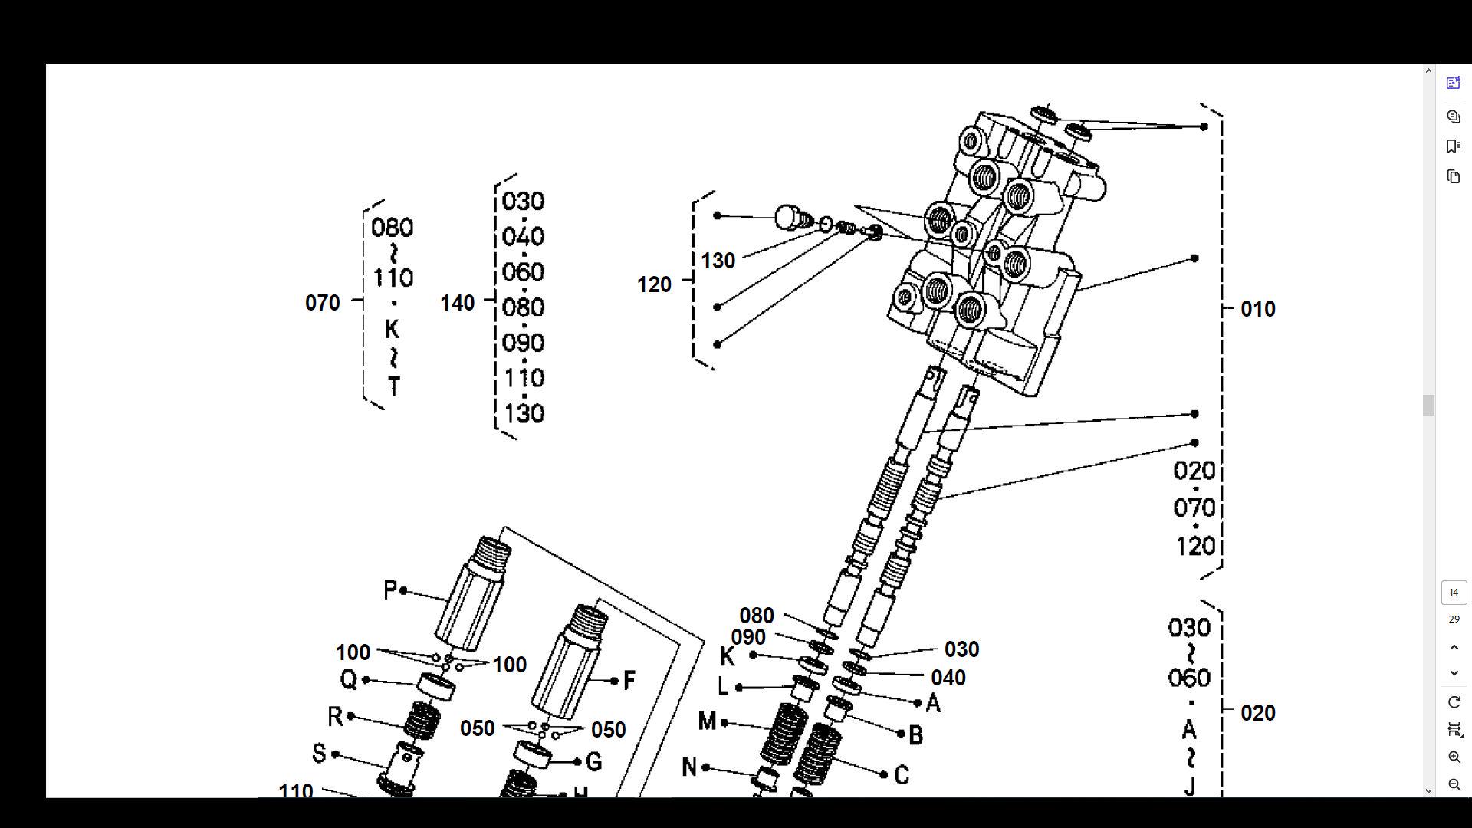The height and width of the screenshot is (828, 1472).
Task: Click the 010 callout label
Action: tap(1257, 309)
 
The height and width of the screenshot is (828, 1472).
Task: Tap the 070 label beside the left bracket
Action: tap(322, 303)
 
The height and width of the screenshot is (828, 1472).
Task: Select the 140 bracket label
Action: tap(457, 303)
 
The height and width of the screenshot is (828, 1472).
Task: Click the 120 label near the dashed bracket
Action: tap(653, 284)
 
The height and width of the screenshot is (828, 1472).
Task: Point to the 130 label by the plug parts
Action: tap(718, 261)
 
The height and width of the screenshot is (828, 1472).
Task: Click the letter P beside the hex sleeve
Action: tap(389, 590)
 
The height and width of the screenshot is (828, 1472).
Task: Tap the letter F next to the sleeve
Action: tap(629, 680)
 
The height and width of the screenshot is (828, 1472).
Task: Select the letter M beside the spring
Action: tap(707, 721)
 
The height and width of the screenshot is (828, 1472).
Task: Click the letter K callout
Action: tap(727, 656)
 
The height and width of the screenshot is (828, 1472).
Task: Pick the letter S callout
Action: tap(319, 753)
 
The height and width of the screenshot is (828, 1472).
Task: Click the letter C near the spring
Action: tap(902, 775)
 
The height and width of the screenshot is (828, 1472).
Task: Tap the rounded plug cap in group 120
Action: tap(788, 217)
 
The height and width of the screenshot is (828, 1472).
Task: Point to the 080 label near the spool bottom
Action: tap(756, 616)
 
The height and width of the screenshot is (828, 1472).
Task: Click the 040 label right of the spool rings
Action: tap(948, 678)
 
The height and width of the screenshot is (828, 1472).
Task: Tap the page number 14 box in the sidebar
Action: tap(1454, 592)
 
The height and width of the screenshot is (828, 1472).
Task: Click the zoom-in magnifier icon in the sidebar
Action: tap(1454, 757)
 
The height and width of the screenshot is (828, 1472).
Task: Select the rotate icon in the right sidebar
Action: tap(1454, 702)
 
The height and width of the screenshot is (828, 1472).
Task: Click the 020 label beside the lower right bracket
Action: tap(1257, 713)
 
